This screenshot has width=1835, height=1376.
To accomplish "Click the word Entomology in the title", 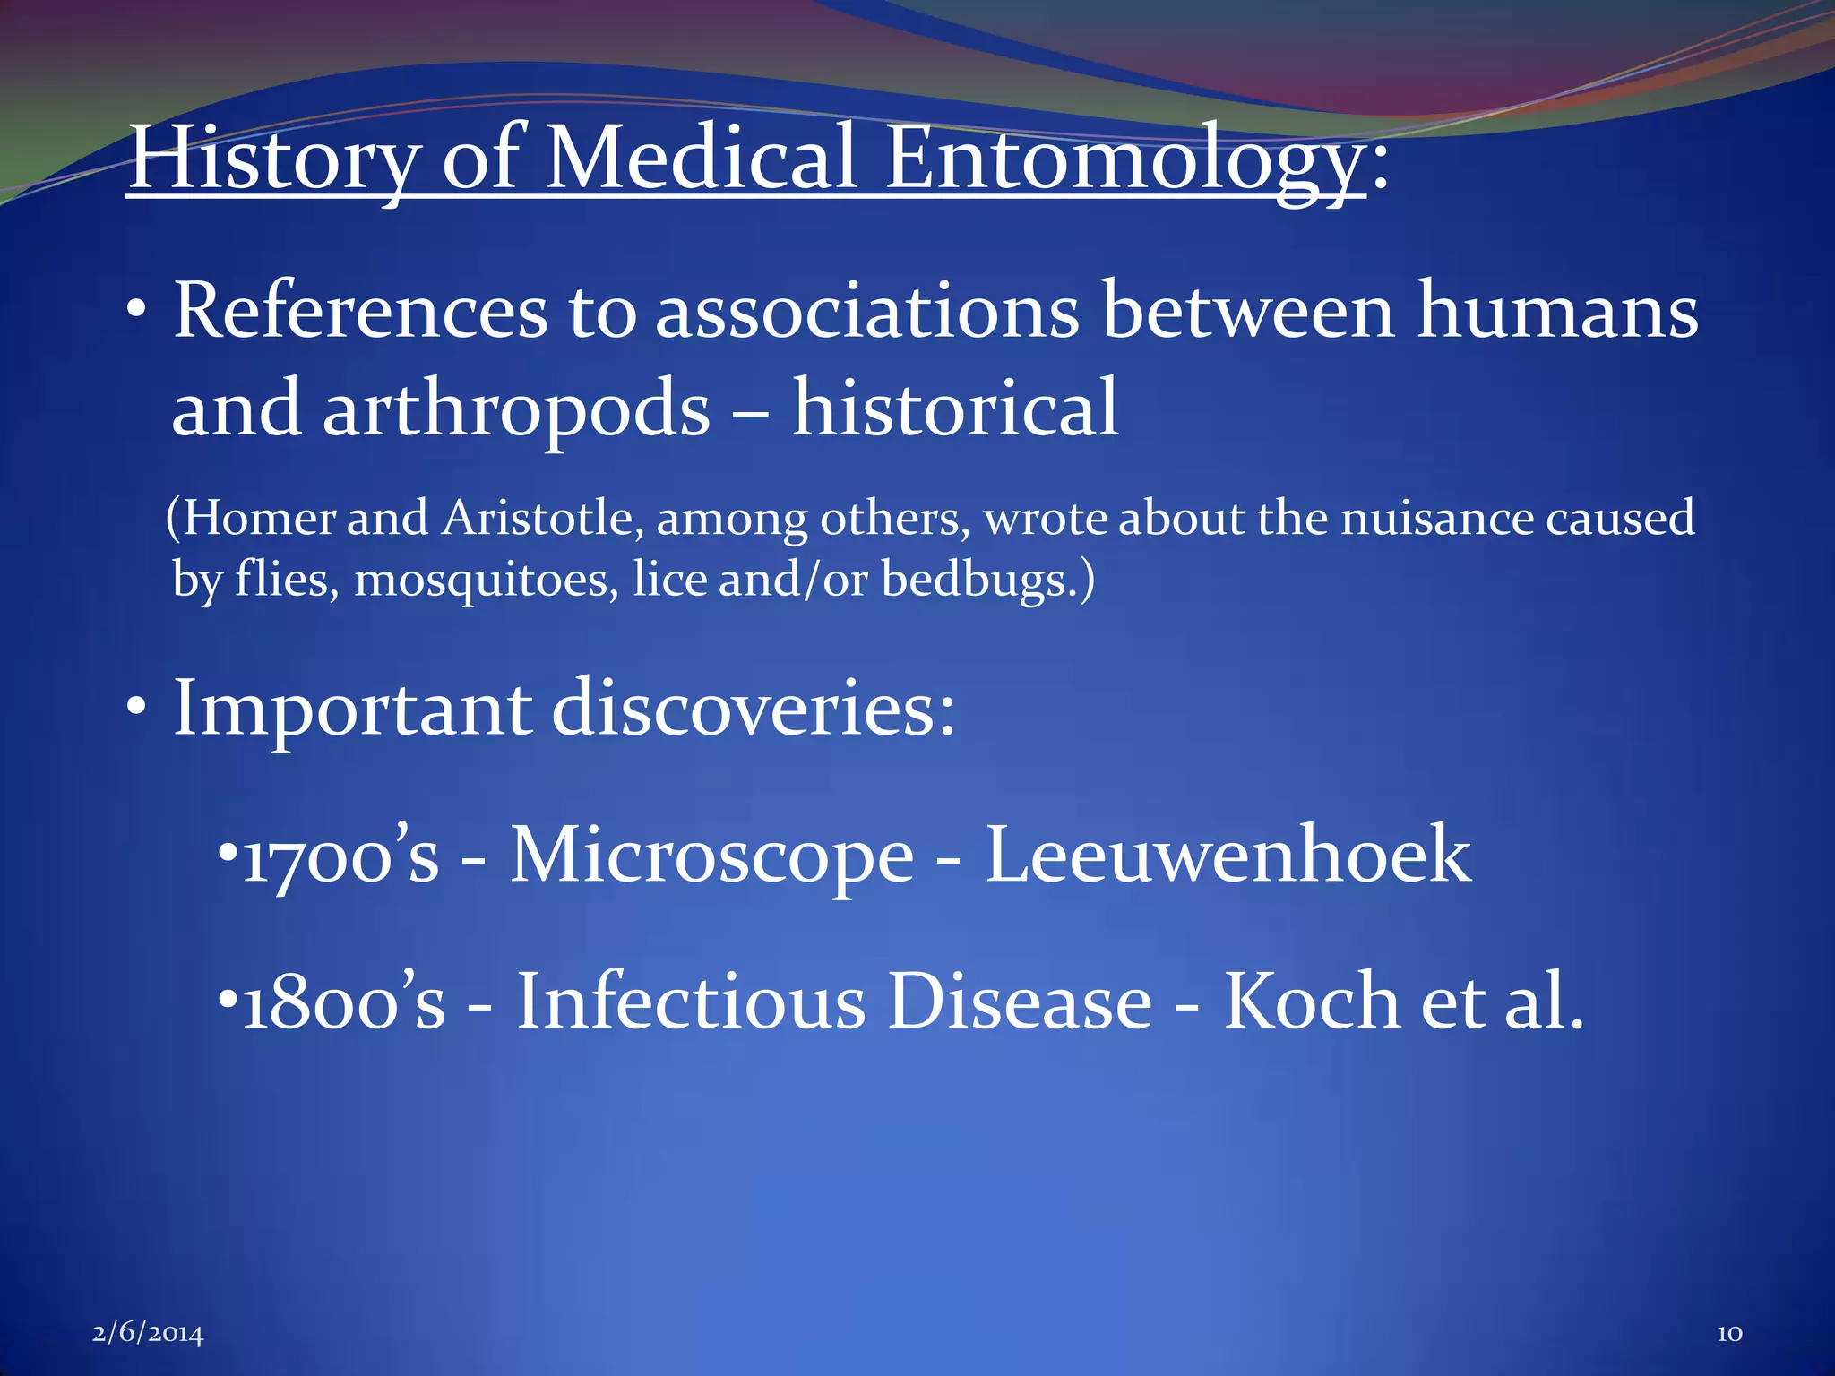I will pyautogui.click(x=1124, y=159).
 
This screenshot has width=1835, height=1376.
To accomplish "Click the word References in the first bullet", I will pyautogui.click(x=359, y=311).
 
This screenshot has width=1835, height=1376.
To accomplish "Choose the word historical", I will pyautogui.click(x=955, y=408).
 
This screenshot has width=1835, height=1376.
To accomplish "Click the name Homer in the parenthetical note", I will pyautogui.click(x=260, y=519).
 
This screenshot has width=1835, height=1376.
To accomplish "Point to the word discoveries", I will pyautogui.click(x=753, y=708).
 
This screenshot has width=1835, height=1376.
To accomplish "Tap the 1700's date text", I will pyautogui.click(x=340, y=856).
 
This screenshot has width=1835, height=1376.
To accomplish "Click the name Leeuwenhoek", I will pyautogui.click(x=1228, y=856).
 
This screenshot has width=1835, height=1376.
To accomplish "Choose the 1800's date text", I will pyautogui.click(x=343, y=1002).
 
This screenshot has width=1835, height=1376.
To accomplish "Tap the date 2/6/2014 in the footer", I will pyautogui.click(x=148, y=1334).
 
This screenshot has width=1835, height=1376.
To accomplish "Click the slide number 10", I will pyautogui.click(x=1729, y=1334).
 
